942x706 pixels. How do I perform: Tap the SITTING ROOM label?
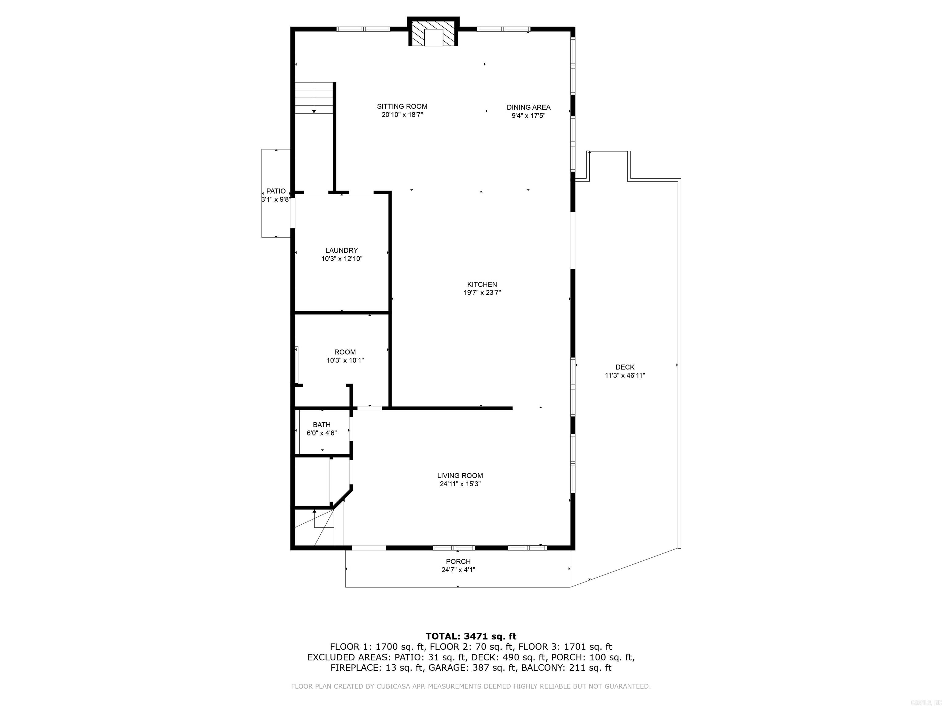402,106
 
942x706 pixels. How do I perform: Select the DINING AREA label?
528,107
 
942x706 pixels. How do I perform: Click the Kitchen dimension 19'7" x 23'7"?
482,293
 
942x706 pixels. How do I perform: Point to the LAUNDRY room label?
342,250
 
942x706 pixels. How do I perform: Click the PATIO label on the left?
276,191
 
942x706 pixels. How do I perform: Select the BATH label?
322,425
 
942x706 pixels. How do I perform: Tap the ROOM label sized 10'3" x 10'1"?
345,352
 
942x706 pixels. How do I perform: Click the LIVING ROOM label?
460,476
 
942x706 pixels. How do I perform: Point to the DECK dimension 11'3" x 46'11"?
625,375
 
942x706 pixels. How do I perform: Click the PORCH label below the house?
458,561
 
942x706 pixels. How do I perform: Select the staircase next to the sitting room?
314,98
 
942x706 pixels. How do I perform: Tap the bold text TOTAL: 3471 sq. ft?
471,636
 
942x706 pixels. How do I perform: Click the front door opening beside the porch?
369,548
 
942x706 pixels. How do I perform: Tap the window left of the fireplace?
363,29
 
